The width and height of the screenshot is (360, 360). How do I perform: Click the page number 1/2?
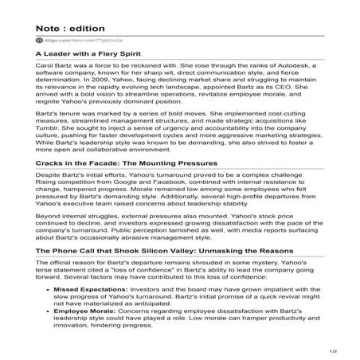(x=345, y=350)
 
